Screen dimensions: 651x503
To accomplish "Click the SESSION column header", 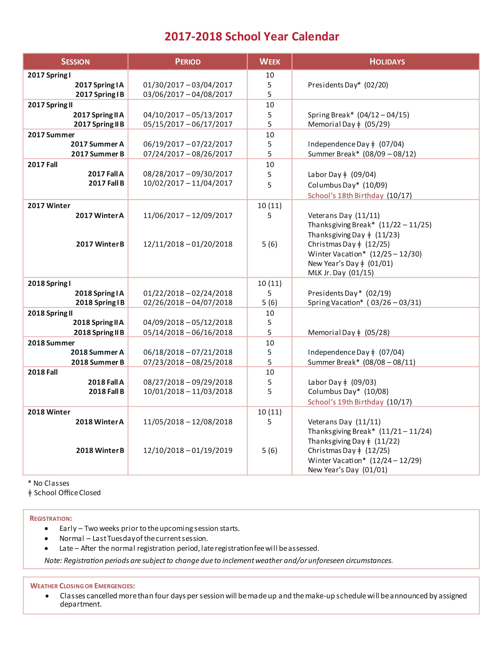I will tap(75, 62).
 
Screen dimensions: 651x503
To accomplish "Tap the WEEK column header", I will tap(270, 62).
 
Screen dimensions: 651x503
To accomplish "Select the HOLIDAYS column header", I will tap(387, 62).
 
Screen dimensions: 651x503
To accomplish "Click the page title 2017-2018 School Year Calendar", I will tap(252, 37).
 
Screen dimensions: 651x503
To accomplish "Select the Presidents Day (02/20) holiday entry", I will tap(348, 85).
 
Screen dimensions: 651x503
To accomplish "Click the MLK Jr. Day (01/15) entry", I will tap(341, 273).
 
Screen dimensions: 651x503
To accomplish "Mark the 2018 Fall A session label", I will tap(106, 382).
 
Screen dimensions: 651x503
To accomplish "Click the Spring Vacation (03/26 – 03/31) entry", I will tap(364, 303).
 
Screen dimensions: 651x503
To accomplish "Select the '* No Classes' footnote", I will tap(49, 483).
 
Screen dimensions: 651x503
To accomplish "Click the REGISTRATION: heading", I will tap(51, 519).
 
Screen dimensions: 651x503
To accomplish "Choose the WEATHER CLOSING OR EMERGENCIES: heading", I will tap(82, 586).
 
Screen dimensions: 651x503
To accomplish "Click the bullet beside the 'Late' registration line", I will tap(46, 548).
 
